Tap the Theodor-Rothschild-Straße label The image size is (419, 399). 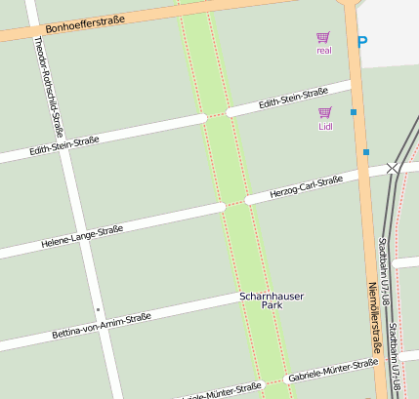[x=54, y=86]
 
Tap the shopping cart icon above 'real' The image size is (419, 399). [x=323, y=37]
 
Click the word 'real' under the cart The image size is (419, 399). [x=324, y=51]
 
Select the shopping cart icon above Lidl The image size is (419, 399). [x=325, y=112]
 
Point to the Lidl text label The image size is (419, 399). [x=325, y=127]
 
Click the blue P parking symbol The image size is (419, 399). [x=363, y=43]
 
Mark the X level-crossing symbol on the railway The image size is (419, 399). [x=393, y=168]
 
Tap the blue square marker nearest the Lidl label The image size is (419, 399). [x=354, y=112]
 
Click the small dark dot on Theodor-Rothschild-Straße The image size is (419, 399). [x=98, y=309]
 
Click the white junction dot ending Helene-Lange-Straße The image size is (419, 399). [x=222, y=207]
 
